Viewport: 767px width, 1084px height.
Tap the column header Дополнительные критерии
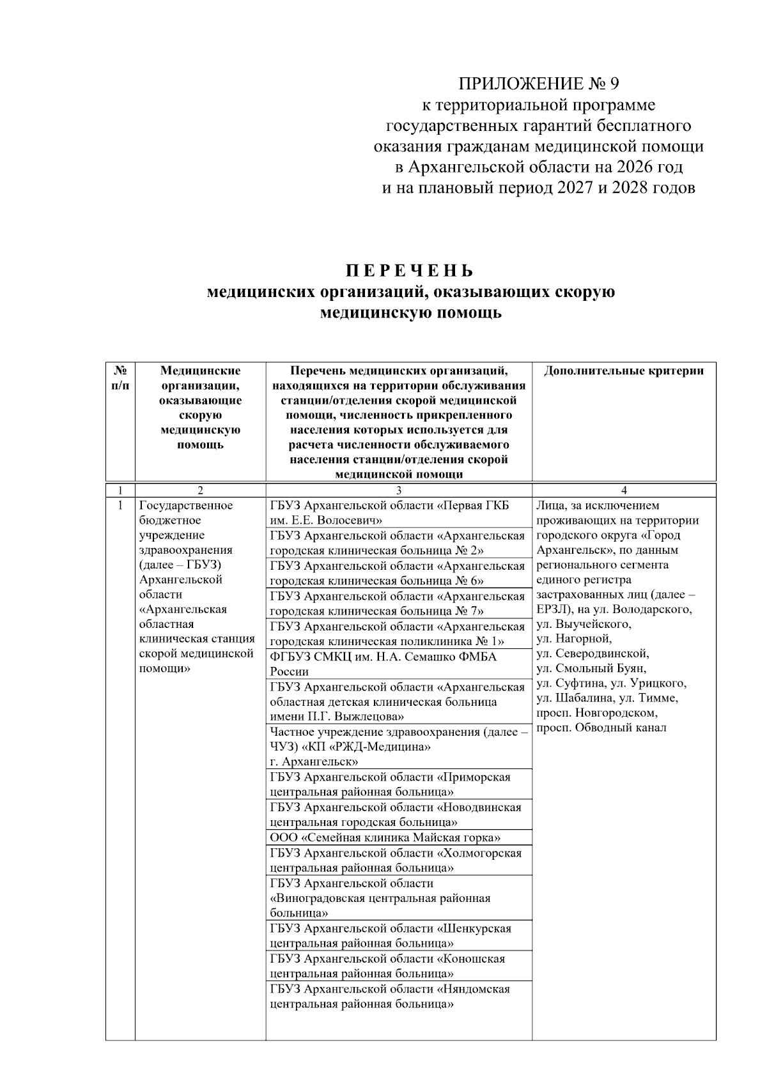624,371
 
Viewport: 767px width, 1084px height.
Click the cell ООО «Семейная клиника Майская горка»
385,837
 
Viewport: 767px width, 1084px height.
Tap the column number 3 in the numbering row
399,491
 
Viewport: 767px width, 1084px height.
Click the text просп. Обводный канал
601,728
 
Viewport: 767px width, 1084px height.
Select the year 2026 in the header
635,167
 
